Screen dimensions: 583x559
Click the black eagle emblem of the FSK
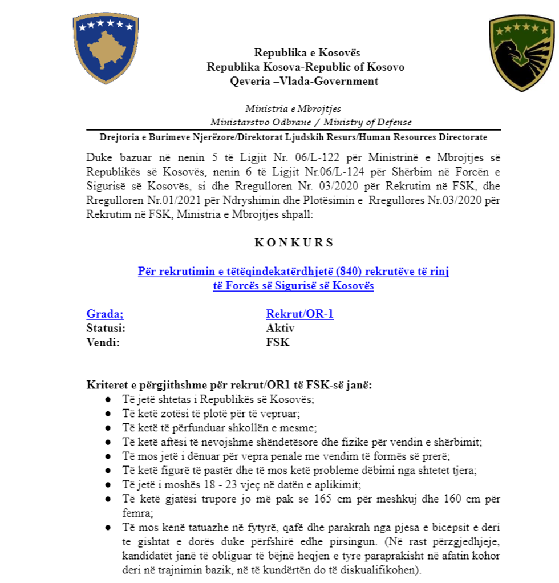tap(521, 54)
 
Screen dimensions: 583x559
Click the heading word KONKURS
tap(294, 242)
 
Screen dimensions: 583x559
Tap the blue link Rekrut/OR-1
tap(299, 314)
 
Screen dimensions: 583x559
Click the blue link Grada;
tap(105, 314)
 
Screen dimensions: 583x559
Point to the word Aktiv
tap(280, 328)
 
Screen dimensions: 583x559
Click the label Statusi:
tap(106, 328)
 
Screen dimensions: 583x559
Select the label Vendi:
tap(103, 342)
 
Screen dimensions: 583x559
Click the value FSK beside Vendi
tap(278, 342)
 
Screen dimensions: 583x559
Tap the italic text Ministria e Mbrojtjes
tap(293, 108)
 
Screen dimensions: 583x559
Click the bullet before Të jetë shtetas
tap(108, 399)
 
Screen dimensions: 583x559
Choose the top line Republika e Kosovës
tap(307, 53)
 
